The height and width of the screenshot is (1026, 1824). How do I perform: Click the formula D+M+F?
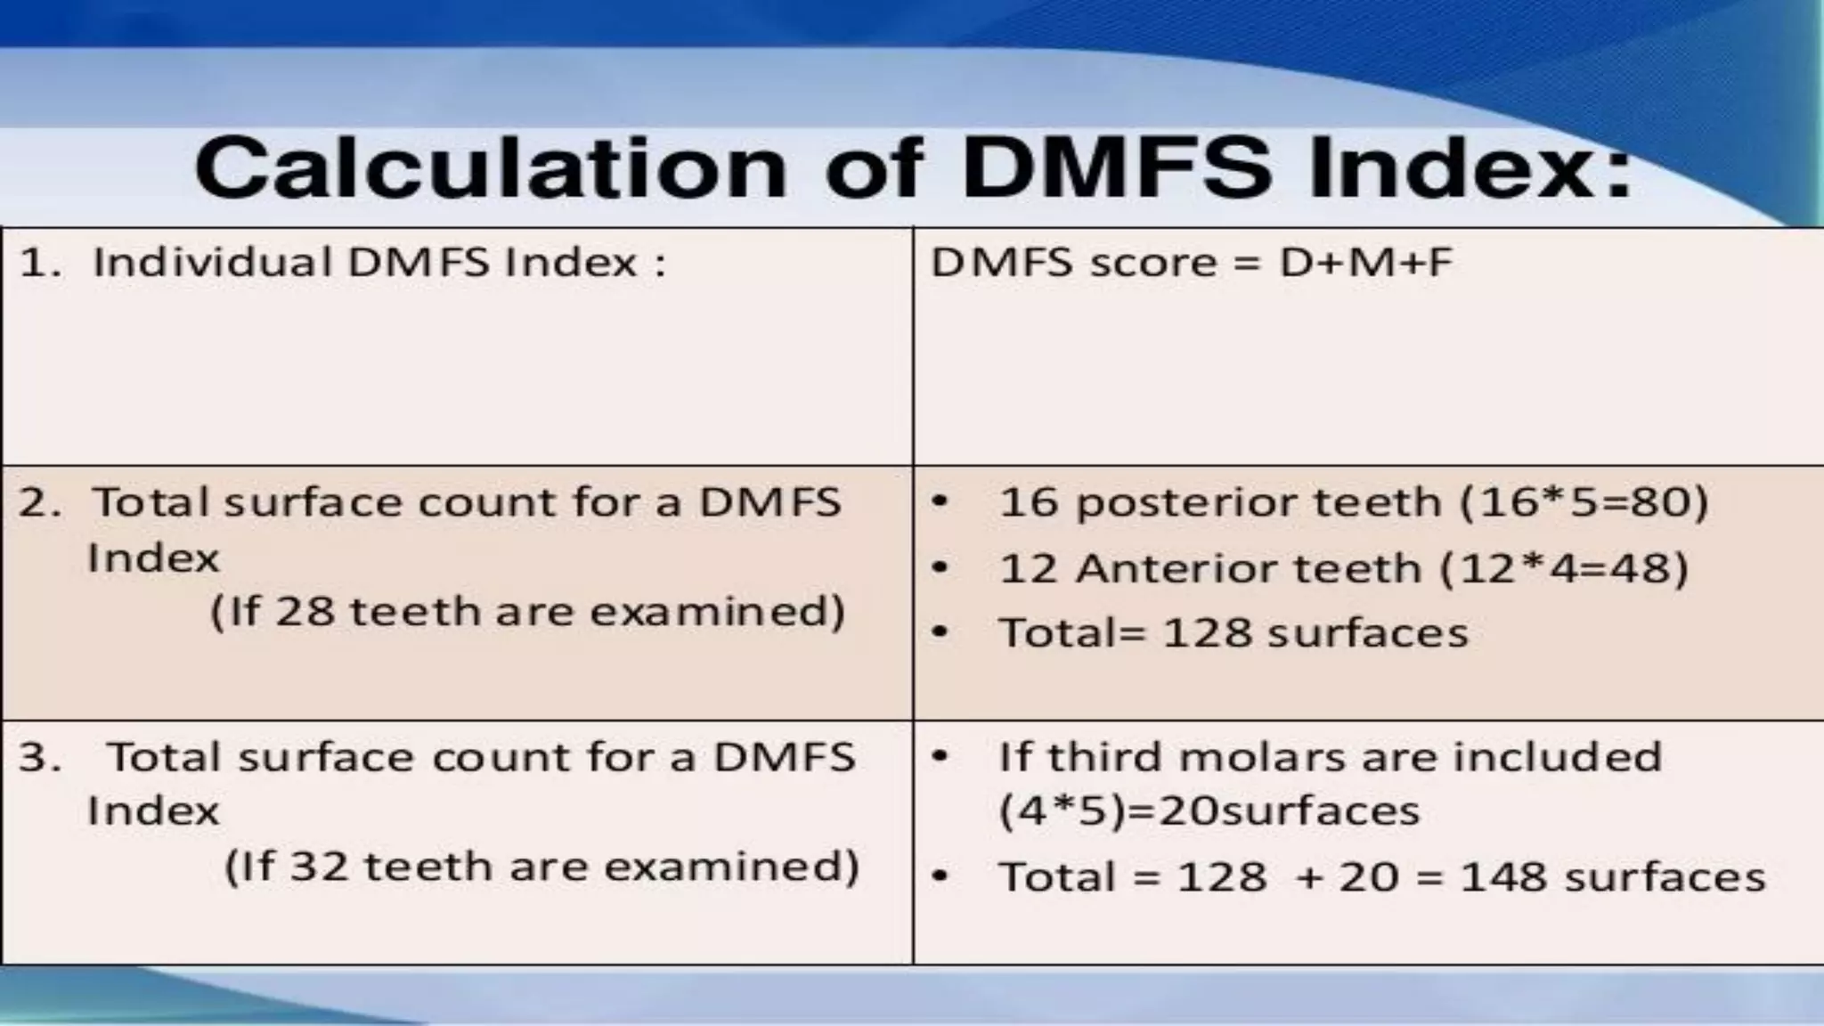[1365, 263]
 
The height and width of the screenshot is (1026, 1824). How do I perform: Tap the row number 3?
[37, 758]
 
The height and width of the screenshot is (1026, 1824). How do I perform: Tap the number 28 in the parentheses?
[305, 612]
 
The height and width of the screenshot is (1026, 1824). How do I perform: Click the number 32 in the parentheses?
[319, 867]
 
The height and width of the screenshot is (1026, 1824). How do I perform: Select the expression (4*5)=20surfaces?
[1209, 811]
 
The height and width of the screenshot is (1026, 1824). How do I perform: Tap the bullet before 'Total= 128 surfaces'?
[940, 633]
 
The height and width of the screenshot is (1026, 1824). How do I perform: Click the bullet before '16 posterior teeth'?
[940, 502]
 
